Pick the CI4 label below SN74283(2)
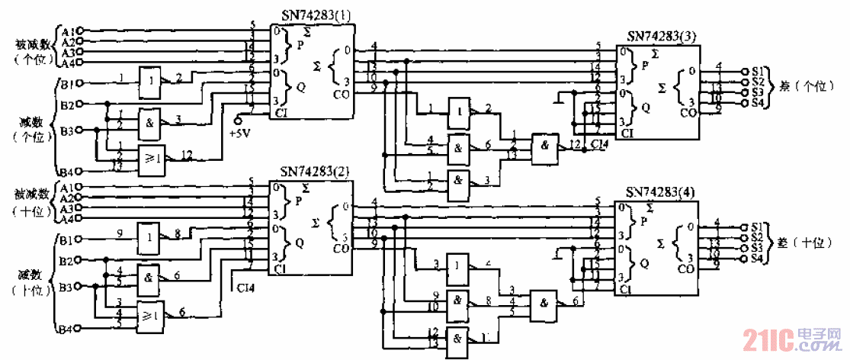(x=245, y=288)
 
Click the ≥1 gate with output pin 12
(x=150, y=159)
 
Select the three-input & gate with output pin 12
(x=543, y=143)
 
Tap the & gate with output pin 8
(x=458, y=301)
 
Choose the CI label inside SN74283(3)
(x=627, y=134)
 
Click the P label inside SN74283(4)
(x=645, y=221)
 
